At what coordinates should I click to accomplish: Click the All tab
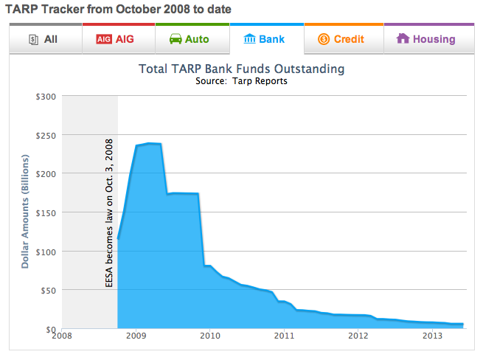44,39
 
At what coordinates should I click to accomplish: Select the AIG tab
119,39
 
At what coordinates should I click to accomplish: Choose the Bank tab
266,39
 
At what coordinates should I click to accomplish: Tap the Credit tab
344,39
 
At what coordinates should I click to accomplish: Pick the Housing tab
428,39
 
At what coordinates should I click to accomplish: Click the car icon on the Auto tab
176,39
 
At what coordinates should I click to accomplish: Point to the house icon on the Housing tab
403,38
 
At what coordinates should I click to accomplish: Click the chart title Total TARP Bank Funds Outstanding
241,69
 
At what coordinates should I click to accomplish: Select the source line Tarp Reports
241,80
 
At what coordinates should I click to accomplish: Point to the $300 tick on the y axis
46,96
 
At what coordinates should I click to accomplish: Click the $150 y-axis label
46,212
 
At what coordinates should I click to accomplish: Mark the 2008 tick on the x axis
61,337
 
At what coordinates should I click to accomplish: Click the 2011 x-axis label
284,337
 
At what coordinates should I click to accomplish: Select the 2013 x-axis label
433,337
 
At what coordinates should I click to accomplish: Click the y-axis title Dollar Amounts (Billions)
25,212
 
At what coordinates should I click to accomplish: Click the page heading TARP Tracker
118,10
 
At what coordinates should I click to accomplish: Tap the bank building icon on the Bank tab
249,38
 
